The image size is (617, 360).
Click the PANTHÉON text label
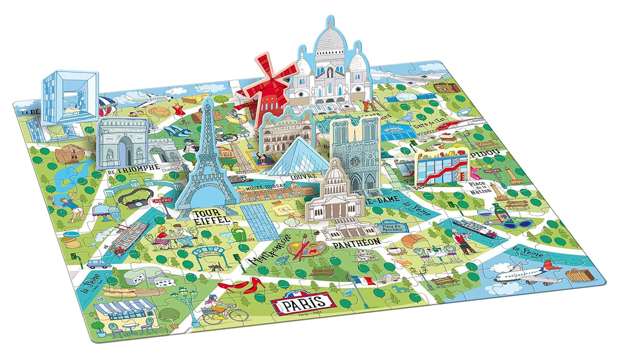pyautogui.click(x=356, y=241)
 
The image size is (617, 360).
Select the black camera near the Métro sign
pyautogui.click(x=133, y=201)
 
